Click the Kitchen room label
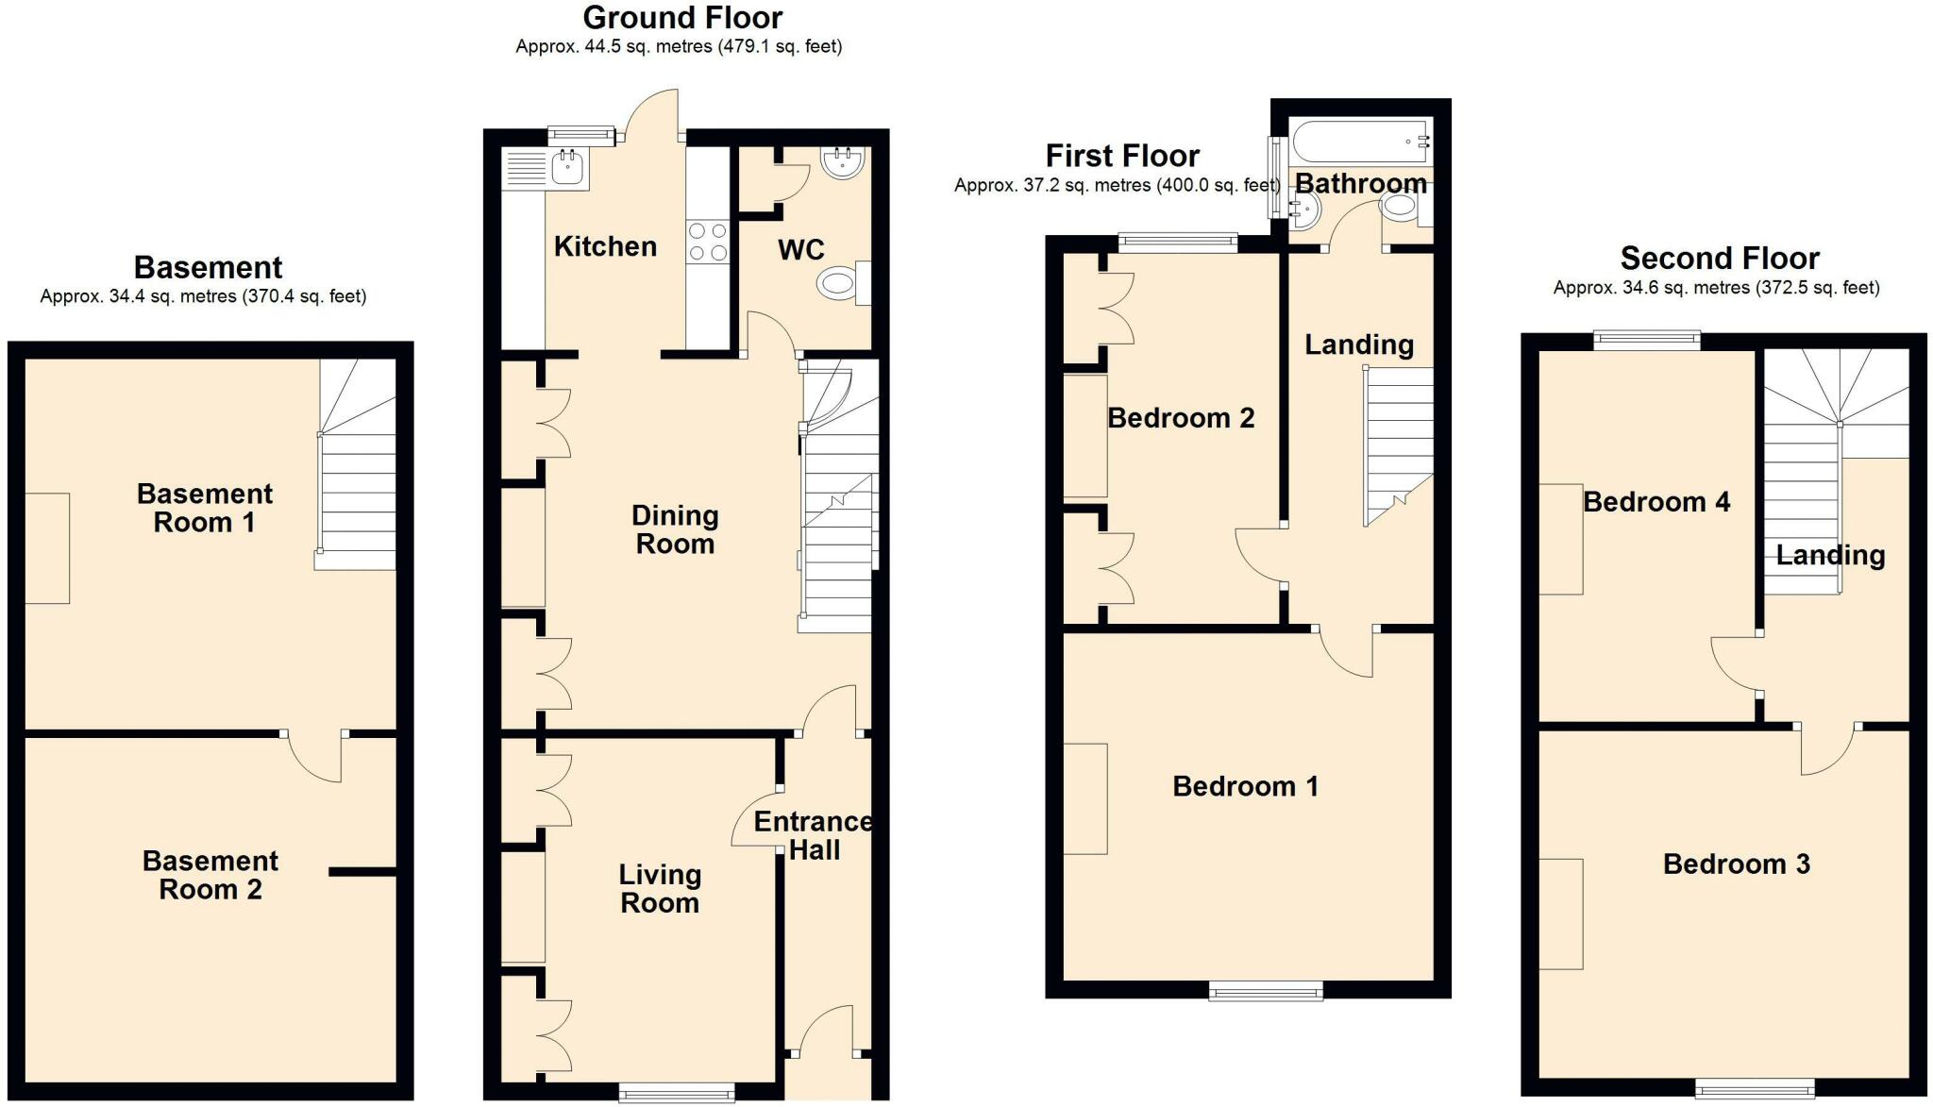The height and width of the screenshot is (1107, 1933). [x=605, y=246]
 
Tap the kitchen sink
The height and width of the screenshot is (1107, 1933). [x=546, y=170]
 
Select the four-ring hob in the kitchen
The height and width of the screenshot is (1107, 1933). [x=707, y=241]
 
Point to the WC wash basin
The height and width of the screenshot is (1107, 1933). [x=844, y=162]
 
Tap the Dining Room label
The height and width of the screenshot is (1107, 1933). [x=675, y=529]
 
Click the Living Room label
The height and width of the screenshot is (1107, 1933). [x=660, y=889]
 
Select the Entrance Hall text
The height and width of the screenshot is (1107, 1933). [x=814, y=836]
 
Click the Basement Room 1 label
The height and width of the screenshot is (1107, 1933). [x=205, y=508]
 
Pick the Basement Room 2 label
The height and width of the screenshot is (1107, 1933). [x=210, y=875]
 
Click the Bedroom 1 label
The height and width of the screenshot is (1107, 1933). [x=1245, y=786]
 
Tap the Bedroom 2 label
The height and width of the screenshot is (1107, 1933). [x=1181, y=418]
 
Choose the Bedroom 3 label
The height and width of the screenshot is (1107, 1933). [x=1737, y=864]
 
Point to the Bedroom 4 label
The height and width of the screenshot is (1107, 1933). [x=1656, y=501]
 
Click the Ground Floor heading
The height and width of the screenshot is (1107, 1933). [x=682, y=18]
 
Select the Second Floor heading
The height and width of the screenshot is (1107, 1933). [x=1720, y=258]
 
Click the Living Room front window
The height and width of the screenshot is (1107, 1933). [x=677, y=1092]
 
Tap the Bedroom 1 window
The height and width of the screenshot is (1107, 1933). [x=1267, y=990]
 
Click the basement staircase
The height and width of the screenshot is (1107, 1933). [x=356, y=464]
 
